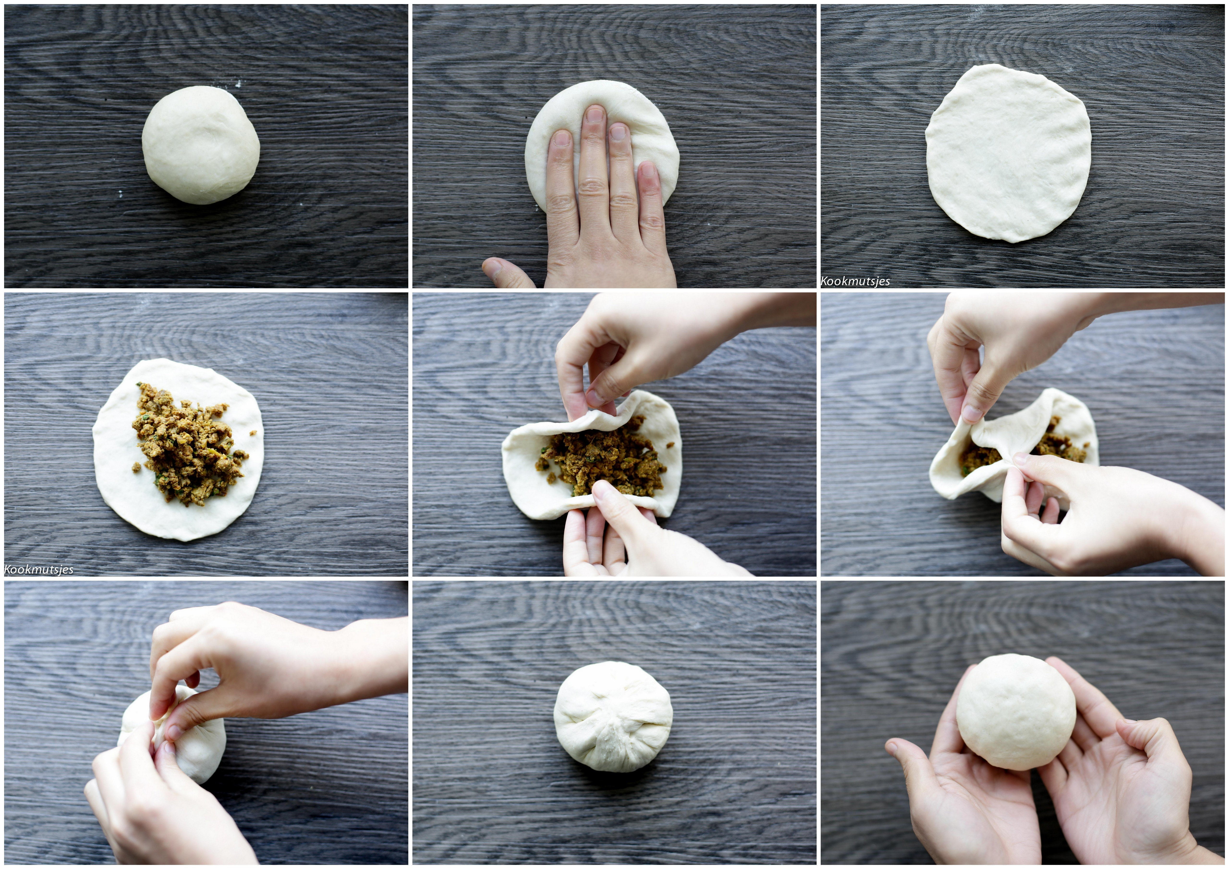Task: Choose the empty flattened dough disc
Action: [1008, 153]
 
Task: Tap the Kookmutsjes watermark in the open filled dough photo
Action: [39, 569]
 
